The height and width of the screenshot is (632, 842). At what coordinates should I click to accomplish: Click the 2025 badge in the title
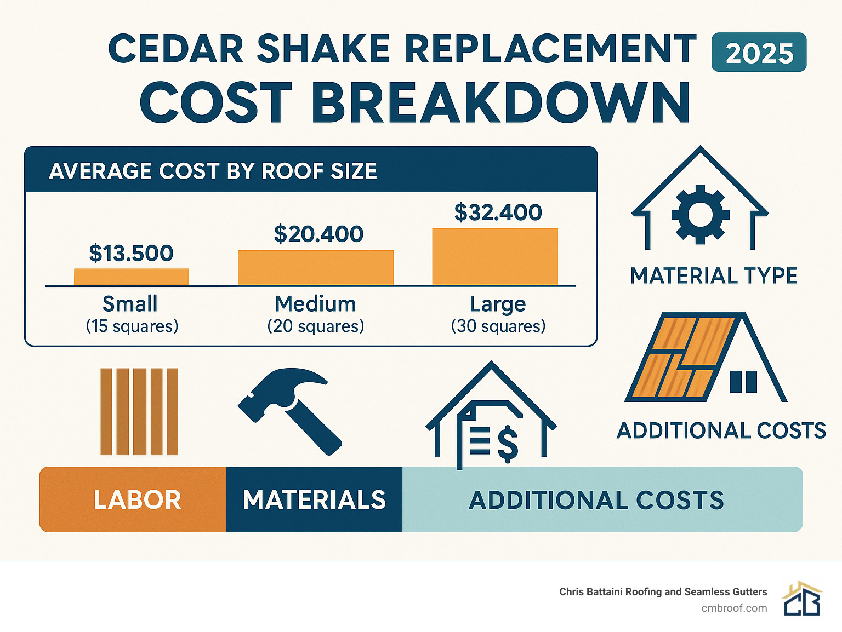point(759,53)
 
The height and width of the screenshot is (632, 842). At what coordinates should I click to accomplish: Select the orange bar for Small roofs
point(131,277)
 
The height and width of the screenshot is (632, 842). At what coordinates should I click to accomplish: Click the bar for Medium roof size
point(315,267)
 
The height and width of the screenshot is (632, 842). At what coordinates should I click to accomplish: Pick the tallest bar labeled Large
point(494,257)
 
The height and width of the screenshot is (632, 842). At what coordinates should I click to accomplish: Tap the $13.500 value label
point(131,253)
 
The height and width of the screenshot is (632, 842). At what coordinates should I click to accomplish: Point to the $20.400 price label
point(318,234)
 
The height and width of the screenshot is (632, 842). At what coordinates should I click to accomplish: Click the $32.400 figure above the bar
point(498,212)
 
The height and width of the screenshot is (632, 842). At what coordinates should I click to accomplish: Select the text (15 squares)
point(132,326)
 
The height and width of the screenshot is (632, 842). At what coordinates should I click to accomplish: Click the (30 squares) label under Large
point(498,326)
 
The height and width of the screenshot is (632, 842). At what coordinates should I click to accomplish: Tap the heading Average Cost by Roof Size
point(213,171)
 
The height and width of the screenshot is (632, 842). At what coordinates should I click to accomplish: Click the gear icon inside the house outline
point(700,214)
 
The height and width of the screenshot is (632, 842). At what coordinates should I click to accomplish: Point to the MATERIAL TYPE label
point(714,275)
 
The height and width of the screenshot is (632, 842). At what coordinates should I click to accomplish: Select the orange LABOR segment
point(133,499)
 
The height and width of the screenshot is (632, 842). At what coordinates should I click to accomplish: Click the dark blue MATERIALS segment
point(314,499)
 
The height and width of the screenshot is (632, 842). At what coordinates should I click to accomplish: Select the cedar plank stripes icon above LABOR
point(139,411)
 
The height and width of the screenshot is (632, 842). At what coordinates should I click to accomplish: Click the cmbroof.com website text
point(734,608)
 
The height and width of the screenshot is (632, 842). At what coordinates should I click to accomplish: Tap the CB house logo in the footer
point(802,599)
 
